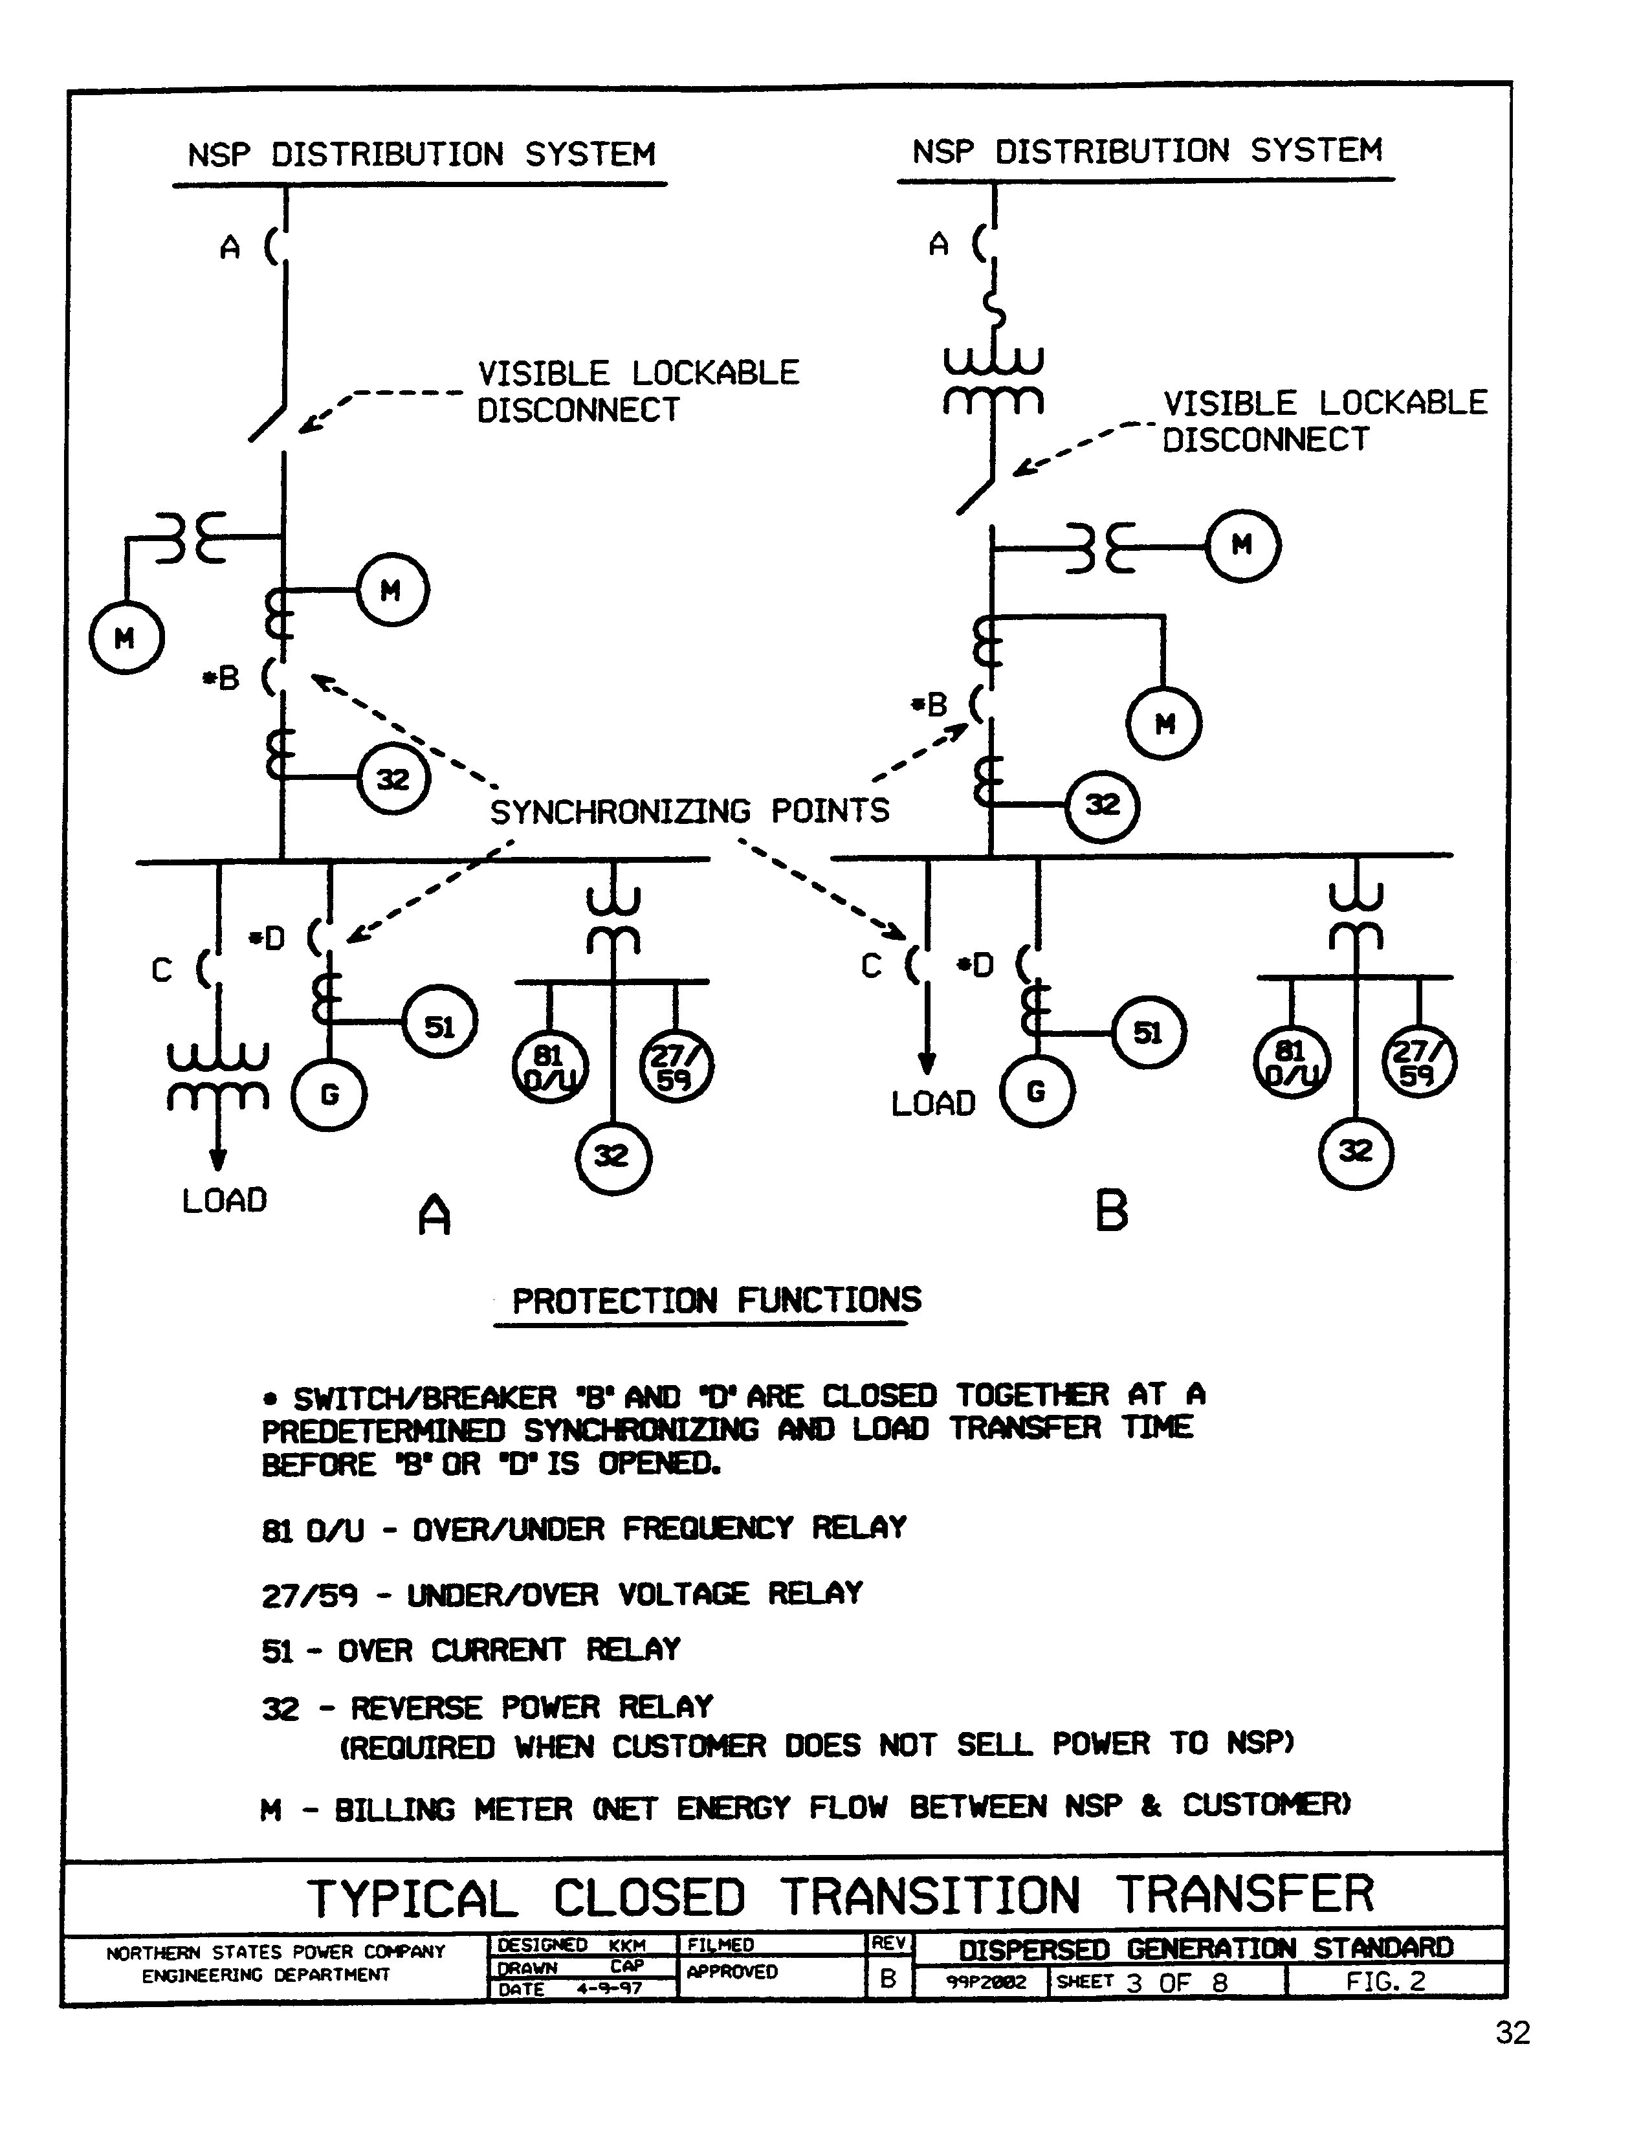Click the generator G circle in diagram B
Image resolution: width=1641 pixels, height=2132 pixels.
pos(1037,1091)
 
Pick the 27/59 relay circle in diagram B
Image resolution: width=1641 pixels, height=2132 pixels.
pos(1418,1061)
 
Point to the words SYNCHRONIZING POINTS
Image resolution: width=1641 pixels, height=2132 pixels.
pos(689,811)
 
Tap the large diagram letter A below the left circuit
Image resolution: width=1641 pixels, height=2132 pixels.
pos(434,1216)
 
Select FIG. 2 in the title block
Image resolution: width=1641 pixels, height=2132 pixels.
pos(1385,1981)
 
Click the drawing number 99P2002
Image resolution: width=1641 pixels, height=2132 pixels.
pos(986,1982)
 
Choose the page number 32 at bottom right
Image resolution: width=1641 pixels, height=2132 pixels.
pos(1512,2032)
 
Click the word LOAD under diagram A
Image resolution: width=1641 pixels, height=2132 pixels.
pos(225,1201)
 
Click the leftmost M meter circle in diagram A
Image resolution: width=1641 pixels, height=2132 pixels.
pos(126,638)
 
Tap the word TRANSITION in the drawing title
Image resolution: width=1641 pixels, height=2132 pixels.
pos(931,1897)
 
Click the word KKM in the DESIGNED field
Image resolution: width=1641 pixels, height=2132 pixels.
pos(627,1944)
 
